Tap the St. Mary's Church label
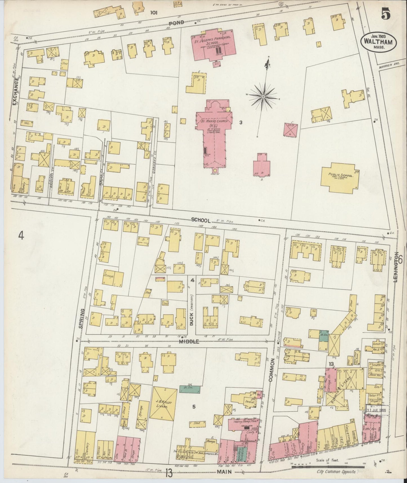(216, 121)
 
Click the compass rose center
(263, 97)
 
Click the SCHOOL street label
(201, 221)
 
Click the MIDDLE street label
(190, 342)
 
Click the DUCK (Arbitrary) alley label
(192, 310)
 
